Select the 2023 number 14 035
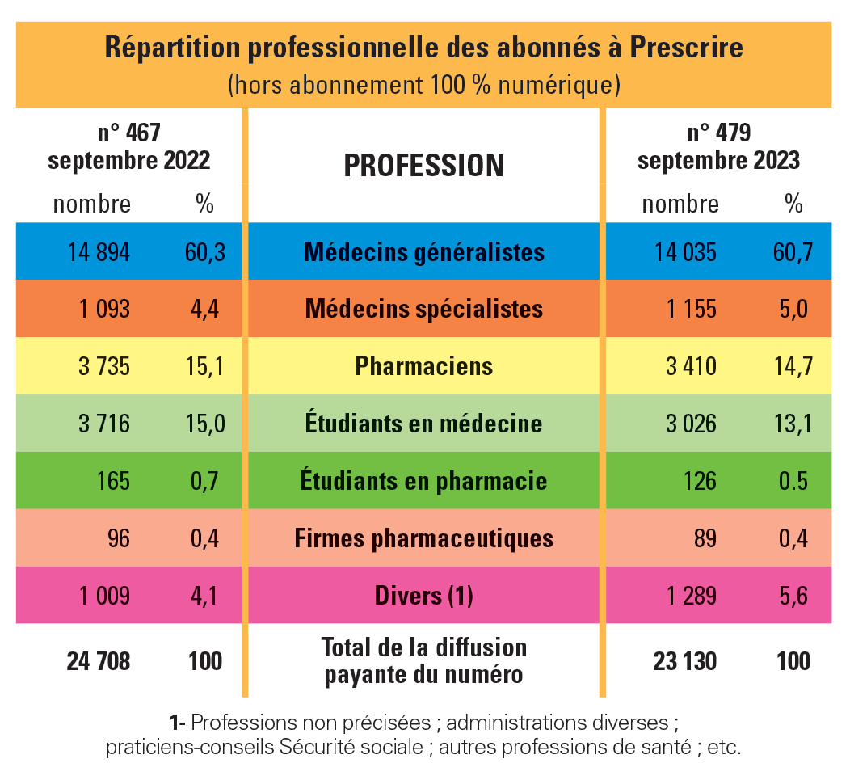tap(685, 252)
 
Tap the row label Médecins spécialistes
tap(424, 309)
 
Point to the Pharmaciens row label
tap(424, 366)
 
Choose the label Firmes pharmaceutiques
tap(424, 538)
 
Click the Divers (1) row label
tap(424, 597)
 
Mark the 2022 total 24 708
tap(98, 661)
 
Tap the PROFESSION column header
tap(424, 166)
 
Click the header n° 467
tap(129, 132)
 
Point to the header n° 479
tap(718, 132)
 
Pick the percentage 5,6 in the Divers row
tap(792, 597)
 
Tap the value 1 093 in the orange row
tap(104, 309)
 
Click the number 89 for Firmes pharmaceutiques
tap(705, 538)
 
